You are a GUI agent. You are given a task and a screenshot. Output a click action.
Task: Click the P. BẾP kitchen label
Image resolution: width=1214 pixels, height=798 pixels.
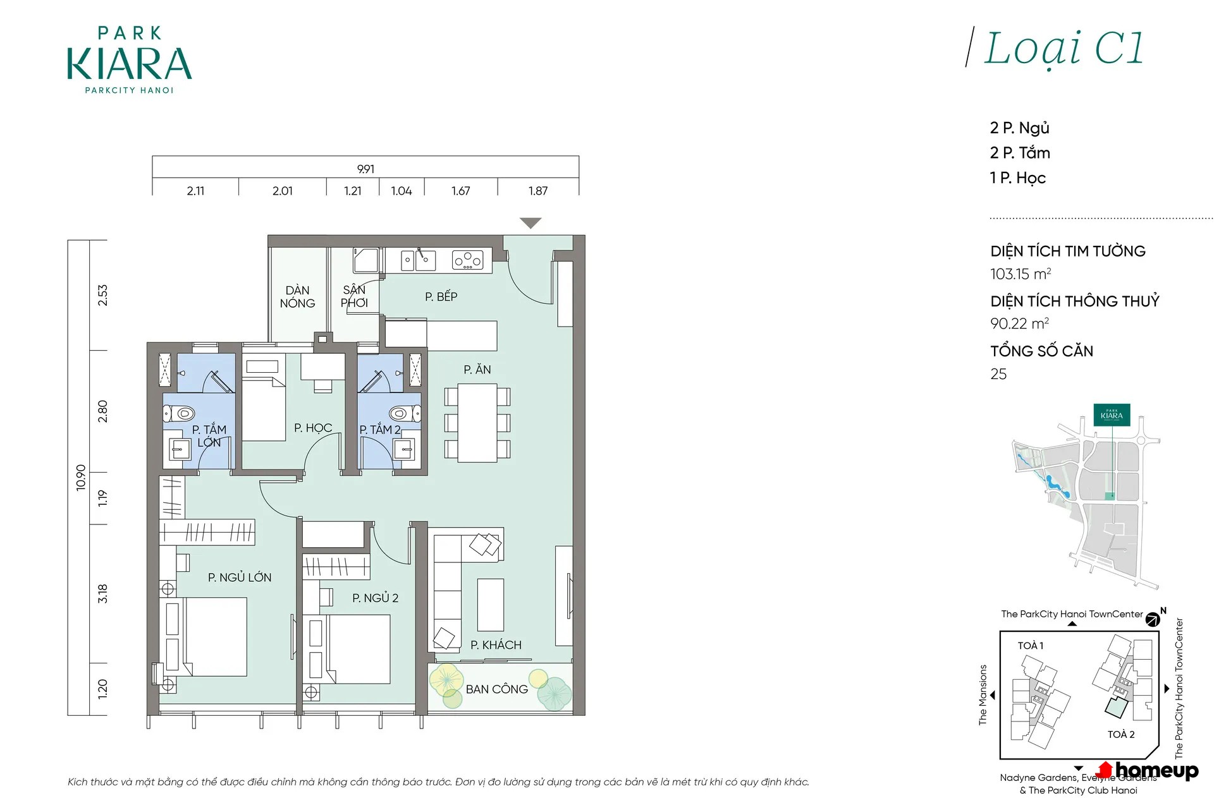pos(441,296)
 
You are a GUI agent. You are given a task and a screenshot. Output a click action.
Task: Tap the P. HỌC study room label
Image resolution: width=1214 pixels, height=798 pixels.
pos(313,428)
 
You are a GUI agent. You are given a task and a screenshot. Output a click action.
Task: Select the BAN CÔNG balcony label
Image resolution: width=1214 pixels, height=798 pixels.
pos(496,689)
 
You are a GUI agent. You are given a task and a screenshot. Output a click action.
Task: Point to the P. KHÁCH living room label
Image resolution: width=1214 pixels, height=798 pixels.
pos(496,644)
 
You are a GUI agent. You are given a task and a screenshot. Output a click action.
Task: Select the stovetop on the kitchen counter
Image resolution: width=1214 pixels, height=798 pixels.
pos(468,260)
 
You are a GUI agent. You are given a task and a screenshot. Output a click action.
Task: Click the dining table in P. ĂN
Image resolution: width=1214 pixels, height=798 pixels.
pos(477,423)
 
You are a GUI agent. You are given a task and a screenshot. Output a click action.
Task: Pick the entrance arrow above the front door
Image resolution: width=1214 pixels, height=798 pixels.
pos(530,223)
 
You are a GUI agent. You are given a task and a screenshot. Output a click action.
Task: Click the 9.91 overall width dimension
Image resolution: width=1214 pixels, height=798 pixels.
pos(365,169)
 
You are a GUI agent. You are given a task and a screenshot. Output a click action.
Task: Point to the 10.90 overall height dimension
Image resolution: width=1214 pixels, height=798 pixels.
pos(81,478)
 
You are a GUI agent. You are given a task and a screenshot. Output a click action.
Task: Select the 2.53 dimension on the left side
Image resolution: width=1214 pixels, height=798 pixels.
pos(102,295)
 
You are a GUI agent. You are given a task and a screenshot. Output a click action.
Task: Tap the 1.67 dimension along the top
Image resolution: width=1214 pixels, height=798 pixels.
pos(460,190)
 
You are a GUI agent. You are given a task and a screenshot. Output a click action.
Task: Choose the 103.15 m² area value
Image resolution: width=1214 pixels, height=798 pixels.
pos(1021,274)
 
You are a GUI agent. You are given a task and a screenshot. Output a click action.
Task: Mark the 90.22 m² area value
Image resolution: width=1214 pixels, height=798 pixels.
pos(1019,323)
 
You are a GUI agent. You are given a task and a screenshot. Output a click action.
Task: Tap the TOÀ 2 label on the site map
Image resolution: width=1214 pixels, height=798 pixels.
pos(1121,734)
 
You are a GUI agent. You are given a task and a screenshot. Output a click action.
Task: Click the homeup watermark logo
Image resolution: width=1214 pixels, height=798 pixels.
pos(1148,770)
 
